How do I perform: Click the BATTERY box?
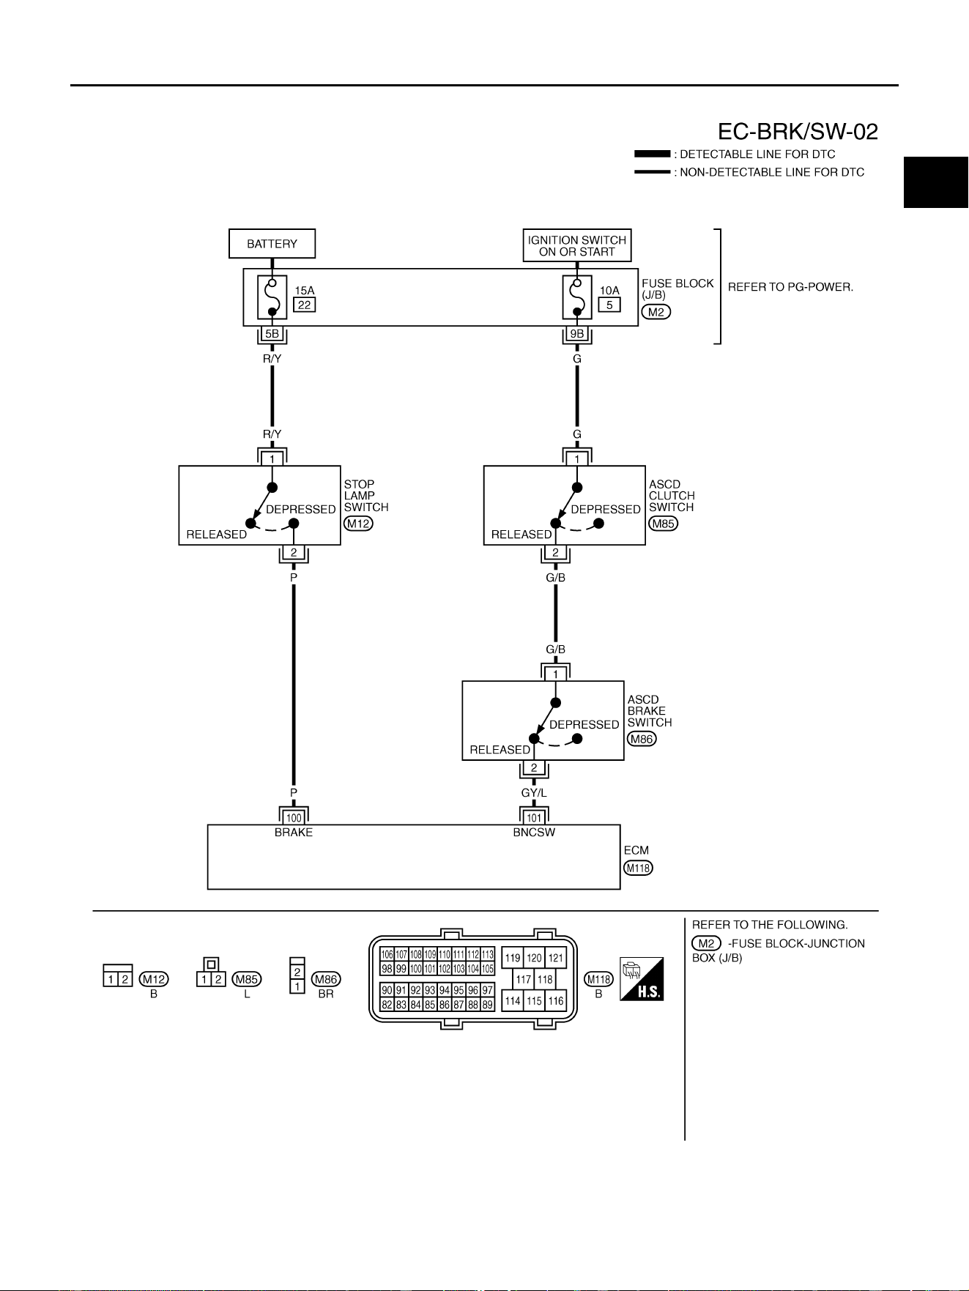point(272,244)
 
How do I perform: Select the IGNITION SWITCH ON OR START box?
point(577,245)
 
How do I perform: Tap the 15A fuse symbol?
point(272,297)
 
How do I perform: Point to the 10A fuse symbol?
point(577,297)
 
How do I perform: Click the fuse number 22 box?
point(304,305)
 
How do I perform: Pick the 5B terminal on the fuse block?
point(272,334)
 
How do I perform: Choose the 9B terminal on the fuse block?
point(577,334)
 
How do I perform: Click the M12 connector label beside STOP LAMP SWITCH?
point(358,524)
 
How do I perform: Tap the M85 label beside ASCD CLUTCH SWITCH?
point(663,524)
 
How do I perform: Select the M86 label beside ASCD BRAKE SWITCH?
point(642,739)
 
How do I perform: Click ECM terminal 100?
point(294,818)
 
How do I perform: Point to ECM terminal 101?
point(534,818)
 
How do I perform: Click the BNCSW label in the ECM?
point(534,833)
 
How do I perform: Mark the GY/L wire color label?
point(534,793)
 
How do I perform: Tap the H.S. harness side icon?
point(642,978)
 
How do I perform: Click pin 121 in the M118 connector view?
point(557,958)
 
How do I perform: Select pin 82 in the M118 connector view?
point(387,1005)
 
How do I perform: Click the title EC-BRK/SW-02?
point(798,132)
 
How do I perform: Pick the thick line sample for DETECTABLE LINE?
point(652,154)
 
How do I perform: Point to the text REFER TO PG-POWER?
point(790,287)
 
